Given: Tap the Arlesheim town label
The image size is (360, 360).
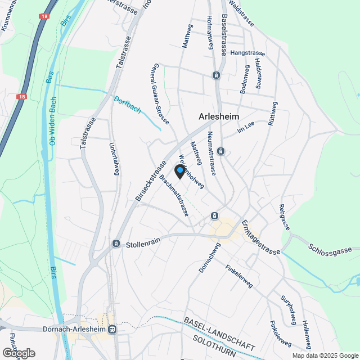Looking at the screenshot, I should [219, 116].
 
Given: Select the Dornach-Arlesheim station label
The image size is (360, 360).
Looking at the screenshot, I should [75, 329].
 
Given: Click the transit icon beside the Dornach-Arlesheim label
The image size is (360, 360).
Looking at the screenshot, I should [112, 329].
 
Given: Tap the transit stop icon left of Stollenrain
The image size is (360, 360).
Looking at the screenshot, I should [116, 244].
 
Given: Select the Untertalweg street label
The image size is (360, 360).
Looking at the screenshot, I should [114, 159].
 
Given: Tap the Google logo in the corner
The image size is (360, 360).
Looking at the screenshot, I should [18, 353].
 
